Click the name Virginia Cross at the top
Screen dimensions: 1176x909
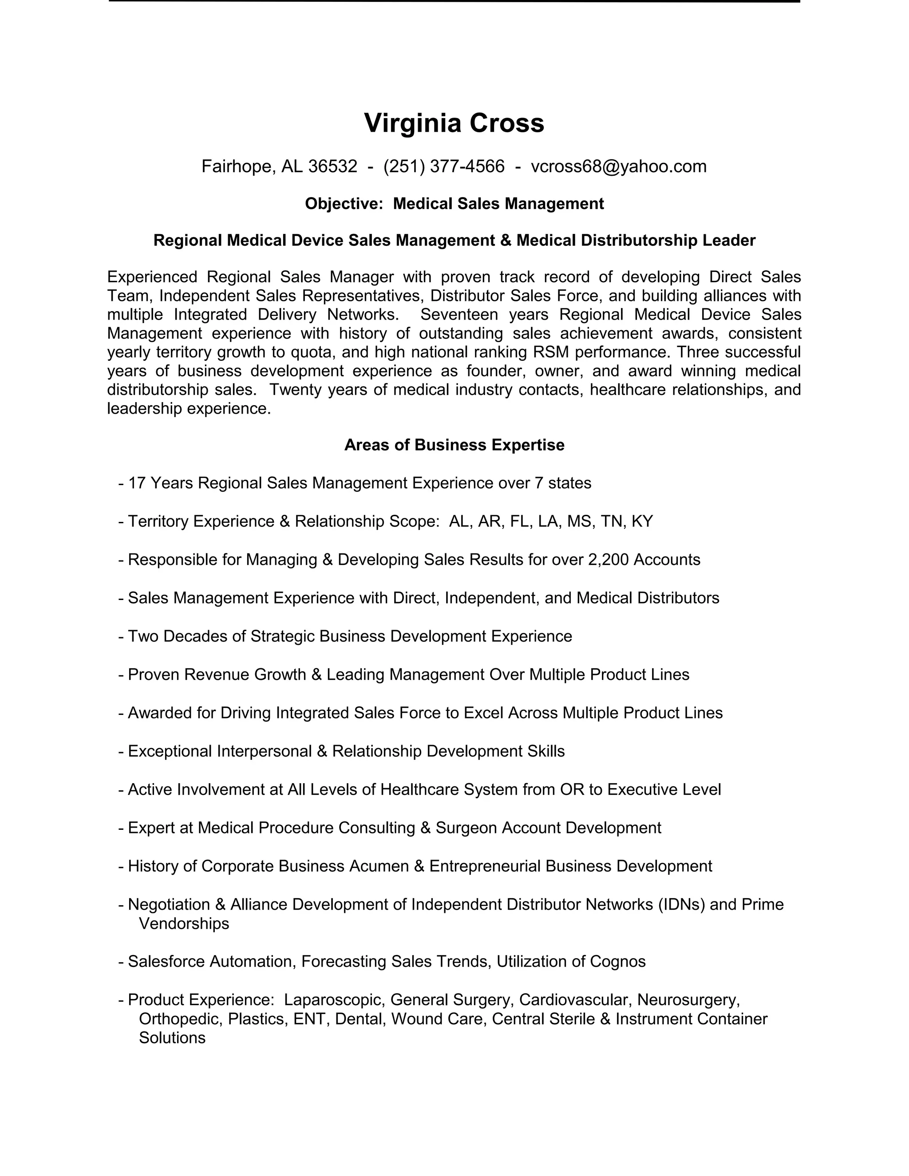point(454,123)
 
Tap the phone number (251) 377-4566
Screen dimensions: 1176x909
point(444,166)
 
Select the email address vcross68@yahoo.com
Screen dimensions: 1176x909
point(618,166)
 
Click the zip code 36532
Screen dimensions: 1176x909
point(332,166)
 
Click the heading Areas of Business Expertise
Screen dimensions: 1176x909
point(454,445)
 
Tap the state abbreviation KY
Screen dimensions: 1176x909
point(642,521)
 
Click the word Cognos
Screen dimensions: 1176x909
point(618,961)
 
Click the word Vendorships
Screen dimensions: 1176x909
point(184,923)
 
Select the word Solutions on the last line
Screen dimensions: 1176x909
point(172,1038)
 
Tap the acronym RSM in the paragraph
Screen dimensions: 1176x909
point(550,352)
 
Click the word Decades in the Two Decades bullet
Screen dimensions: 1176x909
point(195,636)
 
